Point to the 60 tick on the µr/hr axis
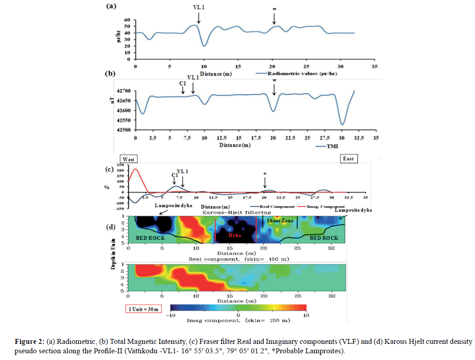coord(127,21)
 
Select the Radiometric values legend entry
coord(297,73)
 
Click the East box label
coord(348,159)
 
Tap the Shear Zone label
coord(280,221)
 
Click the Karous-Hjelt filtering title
coord(236,212)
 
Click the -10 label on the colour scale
coord(170,316)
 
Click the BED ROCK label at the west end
coord(144,238)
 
